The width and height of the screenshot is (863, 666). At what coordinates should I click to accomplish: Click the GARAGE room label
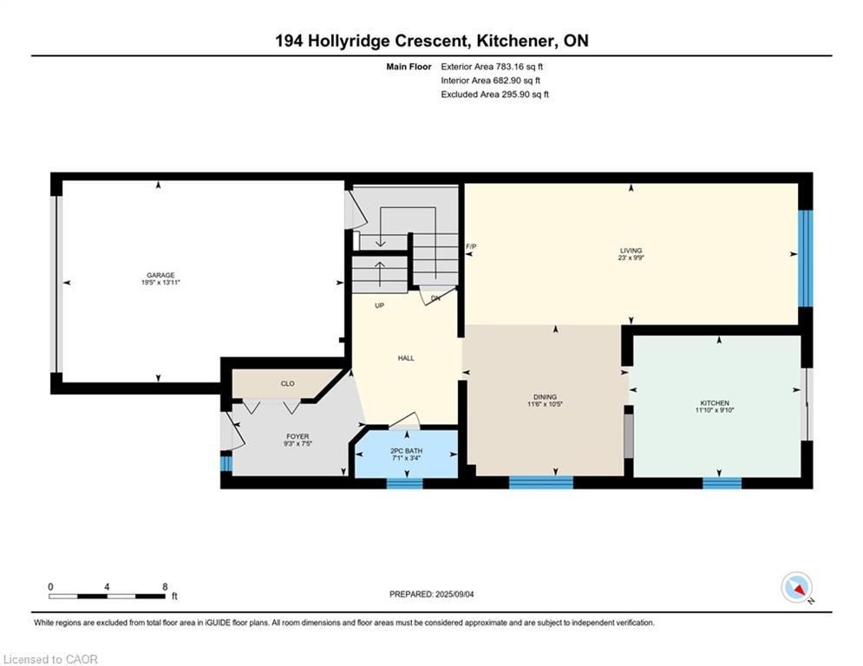tap(160, 275)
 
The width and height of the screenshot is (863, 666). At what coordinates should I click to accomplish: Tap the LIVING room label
tap(631, 251)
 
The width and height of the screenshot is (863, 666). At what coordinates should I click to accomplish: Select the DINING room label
tap(545, 397)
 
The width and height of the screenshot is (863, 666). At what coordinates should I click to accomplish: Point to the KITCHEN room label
tap(715, 403)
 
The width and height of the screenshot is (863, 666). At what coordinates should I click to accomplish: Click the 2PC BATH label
tap(406, 451)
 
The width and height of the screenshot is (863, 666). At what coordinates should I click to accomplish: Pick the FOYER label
tap(297, 436)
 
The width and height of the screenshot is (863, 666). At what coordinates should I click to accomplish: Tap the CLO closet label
tap(288, 383)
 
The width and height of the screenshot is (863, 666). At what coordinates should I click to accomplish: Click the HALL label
tap(406, 358)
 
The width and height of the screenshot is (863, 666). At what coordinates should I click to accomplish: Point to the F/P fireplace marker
tap(471, 246)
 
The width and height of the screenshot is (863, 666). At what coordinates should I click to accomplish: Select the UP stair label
tap(379, 305)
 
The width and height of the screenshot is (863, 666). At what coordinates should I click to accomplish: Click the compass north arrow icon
tap(796, 588)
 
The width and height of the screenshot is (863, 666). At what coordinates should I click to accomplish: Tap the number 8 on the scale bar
tap(165, 587)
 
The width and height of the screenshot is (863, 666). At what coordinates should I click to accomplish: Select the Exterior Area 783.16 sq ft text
tap(492, 67)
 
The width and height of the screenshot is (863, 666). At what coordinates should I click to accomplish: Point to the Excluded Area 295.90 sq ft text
tap(494, 95)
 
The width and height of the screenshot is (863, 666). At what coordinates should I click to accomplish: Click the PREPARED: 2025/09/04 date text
tap(432, 594)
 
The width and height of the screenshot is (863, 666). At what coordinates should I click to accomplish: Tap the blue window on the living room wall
tap(805, 258)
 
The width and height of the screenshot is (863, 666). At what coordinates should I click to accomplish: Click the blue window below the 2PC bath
tap(404, 484)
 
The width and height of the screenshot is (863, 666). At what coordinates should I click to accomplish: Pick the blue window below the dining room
tap(541, 483)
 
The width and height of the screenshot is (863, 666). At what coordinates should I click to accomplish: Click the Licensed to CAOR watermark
tap(50, 659)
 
